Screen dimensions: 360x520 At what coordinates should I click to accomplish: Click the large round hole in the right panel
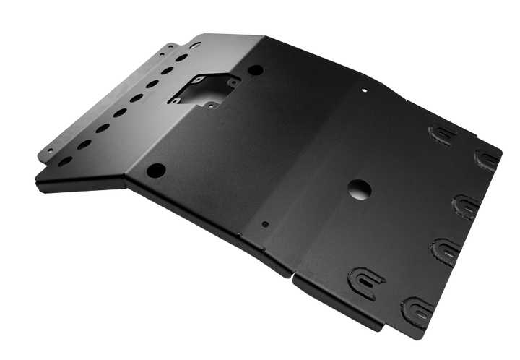pyautogui.click(x=359, y=189)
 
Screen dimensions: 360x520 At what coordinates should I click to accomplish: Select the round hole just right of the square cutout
pyautogui.click(x=256, y=71)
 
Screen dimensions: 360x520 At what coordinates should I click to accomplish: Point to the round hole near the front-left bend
pyautogui.click(x=155, y=171)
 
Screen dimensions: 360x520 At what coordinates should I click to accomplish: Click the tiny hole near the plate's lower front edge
pyautogui.click(x=265, y=224)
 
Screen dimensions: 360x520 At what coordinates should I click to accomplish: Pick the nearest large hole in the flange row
pyautogui.click(x=66, y=160)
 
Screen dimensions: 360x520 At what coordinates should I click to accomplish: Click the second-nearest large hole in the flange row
pyautogui.click(x=84, y=144)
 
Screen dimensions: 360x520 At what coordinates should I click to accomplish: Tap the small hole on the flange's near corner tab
pyautogui.click(x=49, y=150)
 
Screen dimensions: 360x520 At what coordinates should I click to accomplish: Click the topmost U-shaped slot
pyautogui.click(x=442, y=134)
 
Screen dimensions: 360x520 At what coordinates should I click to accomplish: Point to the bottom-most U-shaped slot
pyautogui.click(x=420, y=307)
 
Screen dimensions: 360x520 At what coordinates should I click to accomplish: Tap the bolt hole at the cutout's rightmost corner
pyautogui.click(x=233, y=82)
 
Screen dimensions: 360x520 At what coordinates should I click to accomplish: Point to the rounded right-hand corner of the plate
pyautogui.click(x=500, y=153)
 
